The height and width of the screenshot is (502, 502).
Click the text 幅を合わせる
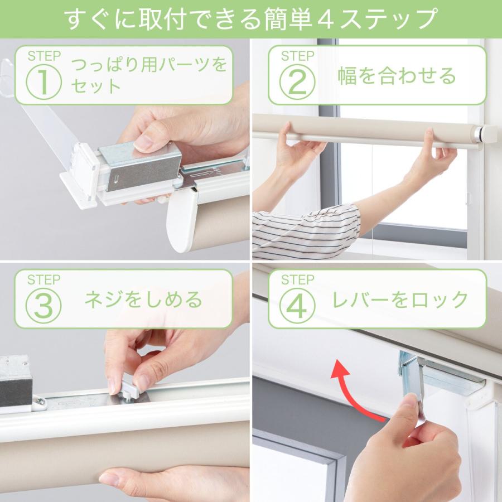[x=397, y=76]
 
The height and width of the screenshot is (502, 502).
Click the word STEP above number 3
[x=43, y=279]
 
